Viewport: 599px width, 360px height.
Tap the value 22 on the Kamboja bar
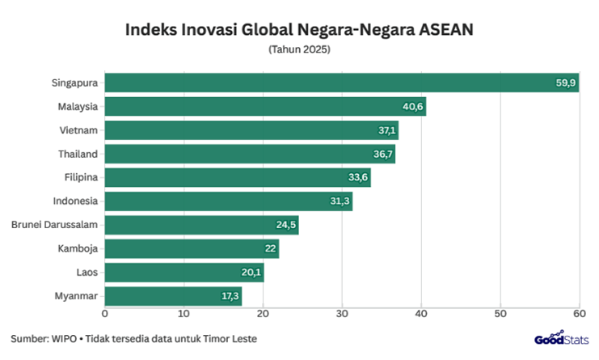269,249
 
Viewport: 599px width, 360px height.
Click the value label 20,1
252,273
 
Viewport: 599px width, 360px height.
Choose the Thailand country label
78,154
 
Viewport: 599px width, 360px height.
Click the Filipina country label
80,178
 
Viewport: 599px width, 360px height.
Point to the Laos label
86,273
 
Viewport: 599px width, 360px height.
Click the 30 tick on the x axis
342,313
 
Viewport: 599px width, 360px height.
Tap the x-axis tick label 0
105,313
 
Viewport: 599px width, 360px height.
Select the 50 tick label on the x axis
500,313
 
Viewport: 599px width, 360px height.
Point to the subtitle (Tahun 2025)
299,49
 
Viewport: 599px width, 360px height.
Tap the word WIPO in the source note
64,338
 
